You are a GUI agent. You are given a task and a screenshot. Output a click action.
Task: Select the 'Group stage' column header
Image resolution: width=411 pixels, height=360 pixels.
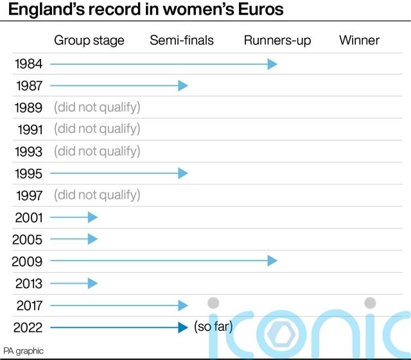89,40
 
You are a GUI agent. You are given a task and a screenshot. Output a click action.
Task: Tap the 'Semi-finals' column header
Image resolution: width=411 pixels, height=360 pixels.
182,40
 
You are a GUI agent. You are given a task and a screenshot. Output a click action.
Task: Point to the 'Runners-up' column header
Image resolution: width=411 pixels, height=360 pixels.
277,40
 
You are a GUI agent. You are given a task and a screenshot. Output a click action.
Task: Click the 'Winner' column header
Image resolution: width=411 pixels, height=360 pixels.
359,40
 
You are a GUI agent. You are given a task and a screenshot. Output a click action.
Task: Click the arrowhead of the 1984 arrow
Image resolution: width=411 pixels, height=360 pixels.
272,64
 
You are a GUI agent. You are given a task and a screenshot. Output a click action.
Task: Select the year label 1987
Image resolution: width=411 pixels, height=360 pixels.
28,86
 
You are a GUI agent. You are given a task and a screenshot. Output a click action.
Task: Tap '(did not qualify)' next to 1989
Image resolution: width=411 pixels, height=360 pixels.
97,107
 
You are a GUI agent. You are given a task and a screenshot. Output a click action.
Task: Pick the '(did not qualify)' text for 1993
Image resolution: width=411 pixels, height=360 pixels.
97,151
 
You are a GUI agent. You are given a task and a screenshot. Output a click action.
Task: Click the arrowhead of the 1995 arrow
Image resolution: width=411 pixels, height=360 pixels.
183,173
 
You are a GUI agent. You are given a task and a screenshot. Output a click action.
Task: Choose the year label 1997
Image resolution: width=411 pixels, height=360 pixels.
28,195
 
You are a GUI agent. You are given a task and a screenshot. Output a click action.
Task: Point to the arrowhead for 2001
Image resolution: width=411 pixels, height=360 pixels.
93,218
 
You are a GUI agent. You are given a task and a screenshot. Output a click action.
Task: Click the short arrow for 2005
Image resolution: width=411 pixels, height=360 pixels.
73,239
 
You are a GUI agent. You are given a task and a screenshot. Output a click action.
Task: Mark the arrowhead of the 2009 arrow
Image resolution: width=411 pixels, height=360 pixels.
272,261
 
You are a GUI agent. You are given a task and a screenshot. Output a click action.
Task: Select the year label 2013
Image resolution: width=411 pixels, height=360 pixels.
28,284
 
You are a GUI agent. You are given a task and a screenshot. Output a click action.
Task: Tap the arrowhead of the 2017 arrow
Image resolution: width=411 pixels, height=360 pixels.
183,305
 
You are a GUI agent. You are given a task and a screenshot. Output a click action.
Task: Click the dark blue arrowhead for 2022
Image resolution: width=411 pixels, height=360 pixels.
183,327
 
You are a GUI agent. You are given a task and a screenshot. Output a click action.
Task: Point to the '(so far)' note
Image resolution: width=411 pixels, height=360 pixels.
213,327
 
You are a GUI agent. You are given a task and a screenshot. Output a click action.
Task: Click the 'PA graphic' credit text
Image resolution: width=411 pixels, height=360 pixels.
23,350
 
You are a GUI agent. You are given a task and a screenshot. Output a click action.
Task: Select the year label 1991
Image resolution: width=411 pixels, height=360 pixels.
28,130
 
